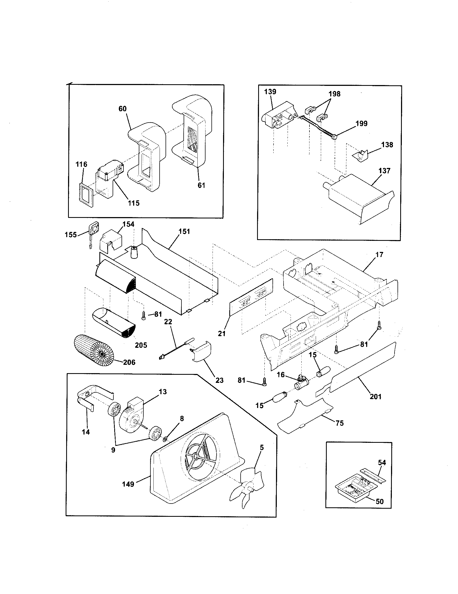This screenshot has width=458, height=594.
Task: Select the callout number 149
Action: coord(128,484)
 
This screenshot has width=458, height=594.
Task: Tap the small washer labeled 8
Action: coord(165,439)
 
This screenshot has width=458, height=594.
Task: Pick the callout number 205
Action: coord(141,345)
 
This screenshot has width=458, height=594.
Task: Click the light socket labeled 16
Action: coord(301,384)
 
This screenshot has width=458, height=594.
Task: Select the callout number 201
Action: coord(376,397)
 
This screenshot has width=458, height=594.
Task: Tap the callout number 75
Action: coord(340,423)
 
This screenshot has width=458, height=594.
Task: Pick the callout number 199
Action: coord(361,123)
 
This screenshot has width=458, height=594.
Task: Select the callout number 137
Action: coord(384,171)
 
